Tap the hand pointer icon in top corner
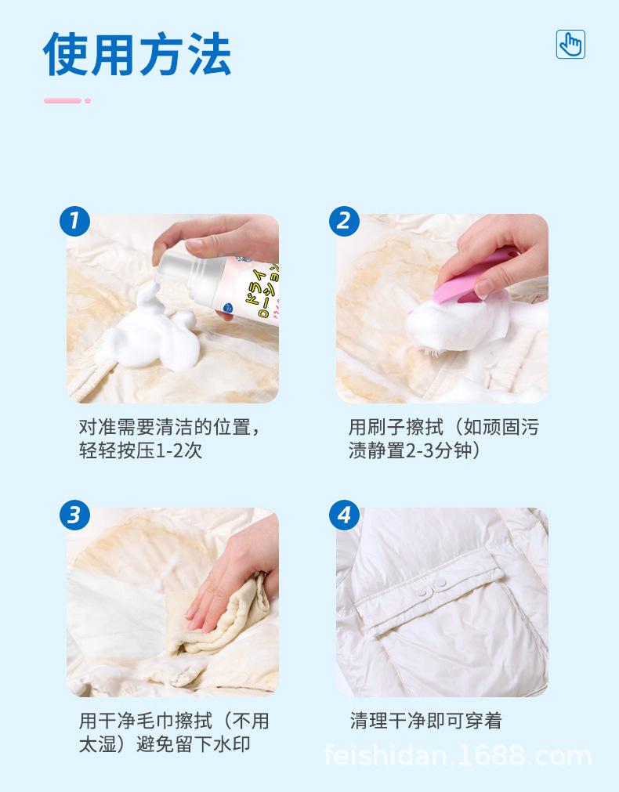point(570,44)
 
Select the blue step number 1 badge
point(74,221)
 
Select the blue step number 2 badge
point(344,221)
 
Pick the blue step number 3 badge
point(74,515)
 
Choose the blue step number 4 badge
point(344,515)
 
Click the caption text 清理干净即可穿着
point(425,721)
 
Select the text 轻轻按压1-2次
point(140,452)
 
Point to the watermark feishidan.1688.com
point(458,758)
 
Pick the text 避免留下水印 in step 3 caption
point(195,745)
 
